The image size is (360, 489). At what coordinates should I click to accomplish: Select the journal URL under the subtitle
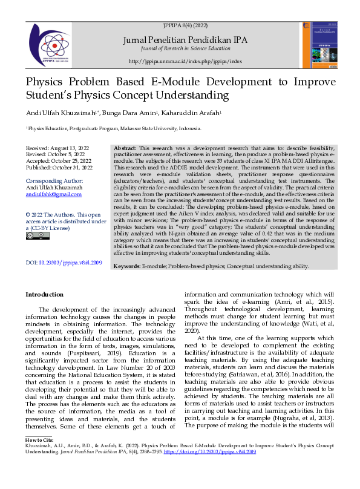coord(185,62)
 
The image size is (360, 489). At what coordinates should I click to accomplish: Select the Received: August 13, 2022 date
coord(58,148)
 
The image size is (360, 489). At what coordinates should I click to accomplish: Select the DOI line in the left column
coord(64,262)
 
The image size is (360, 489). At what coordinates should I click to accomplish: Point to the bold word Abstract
coord(125,148)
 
